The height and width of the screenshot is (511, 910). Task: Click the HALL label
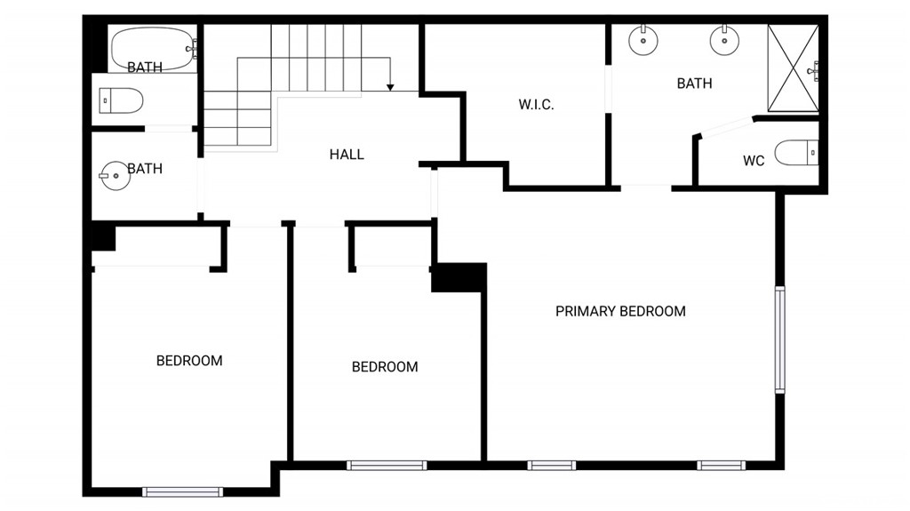(x=347, y=155)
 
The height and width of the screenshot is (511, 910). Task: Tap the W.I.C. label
(x=536, y=105)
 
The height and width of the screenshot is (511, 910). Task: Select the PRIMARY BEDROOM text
(x=620, y=311)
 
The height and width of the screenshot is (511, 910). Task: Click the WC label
(x=754, y=161)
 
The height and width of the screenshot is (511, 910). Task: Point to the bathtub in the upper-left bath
(x=154, y=49)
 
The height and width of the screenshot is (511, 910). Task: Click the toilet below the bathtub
(x=121, y=101)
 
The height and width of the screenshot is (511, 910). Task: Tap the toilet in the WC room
(x=796, y=153)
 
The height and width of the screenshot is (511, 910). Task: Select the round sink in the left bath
(x=115, y=175)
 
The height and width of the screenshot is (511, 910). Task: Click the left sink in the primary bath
(x=643, y=40)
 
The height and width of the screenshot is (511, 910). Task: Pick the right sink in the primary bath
(x=724, y=40)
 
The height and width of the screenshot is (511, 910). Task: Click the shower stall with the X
(x=793, y=68)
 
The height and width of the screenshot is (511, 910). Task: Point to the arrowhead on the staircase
(x=390, y=87)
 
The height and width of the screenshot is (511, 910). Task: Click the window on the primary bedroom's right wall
(x=779, y=339)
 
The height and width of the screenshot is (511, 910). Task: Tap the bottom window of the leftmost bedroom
(x=183, y=491)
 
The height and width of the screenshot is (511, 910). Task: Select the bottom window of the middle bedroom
(x=387, y=465)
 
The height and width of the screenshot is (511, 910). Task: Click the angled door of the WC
(x=725, y=127)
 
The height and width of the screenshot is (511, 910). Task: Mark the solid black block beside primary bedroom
(x=459, y=277)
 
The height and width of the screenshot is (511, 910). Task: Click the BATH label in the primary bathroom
(x=695, y=84)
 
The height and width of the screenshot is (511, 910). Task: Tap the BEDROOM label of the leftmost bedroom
(x=189, y=361)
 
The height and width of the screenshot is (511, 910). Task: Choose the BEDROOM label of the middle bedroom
(x=385, y=367)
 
